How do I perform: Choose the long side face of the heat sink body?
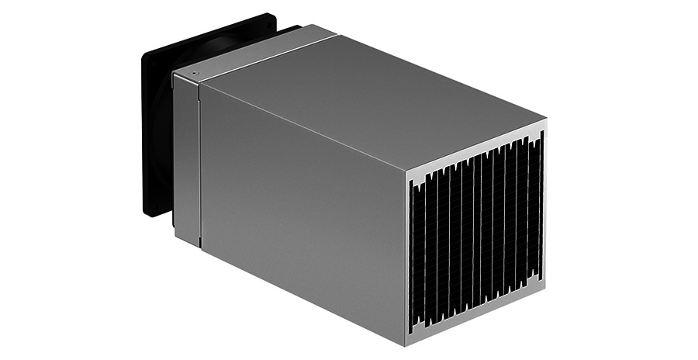302,217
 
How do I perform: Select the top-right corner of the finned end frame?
545,120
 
